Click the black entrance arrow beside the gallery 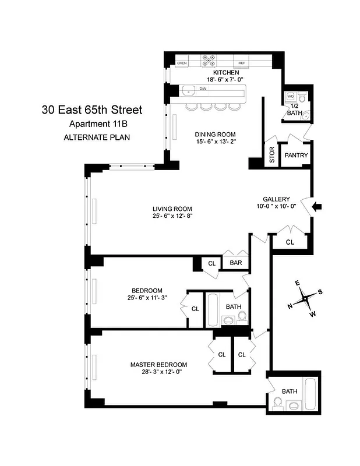pyautogui.click(x=318, y=206)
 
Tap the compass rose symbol pyautogui.click(x=305, y=298)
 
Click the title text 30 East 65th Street pyautogui.click(x=91, y=109)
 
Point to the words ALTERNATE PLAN pyautogui.click(x=97, y=137)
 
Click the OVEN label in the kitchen pyautogui.click(x=182, y=62)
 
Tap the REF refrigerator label pyautogui.click(x=242, y=62)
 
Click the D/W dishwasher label pyautogui.click(x=203, y=89)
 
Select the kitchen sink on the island pyautogui.click(x=189, y=91)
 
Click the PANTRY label pyautogui.click(x=295, y=156)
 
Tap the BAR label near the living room pyautogui.click(x=236, y=263)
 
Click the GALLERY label pyautogui.click(x=276, y=199)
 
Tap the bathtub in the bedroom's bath pyautogui.click(x=212, y=310)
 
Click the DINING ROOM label pyautogui.click(x=214, y=133)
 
